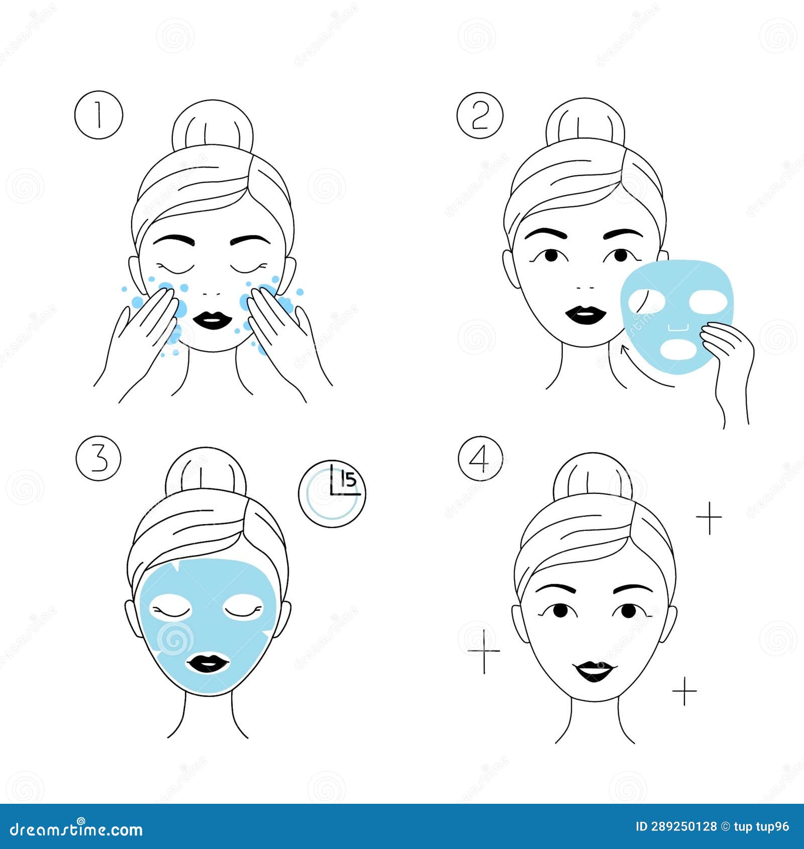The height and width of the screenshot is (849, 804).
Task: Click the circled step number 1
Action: [x=98, y=115]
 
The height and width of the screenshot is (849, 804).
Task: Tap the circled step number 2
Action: [x=479, y=115]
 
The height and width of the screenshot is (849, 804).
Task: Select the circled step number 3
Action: [x=98, y=458]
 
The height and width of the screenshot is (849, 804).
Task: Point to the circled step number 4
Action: [x=480, y=458]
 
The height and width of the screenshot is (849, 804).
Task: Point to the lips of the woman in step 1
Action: [x=211, y=320]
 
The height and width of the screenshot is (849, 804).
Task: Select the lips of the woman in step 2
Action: [x=586, y=315]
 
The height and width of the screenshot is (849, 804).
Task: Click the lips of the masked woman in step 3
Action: [x=208, y=663]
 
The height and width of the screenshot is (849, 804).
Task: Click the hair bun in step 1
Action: [x=212, y=128]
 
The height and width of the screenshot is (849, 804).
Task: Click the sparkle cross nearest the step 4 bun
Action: [x=709, y=517]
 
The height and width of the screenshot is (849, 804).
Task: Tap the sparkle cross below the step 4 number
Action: [x=484, y=651]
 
